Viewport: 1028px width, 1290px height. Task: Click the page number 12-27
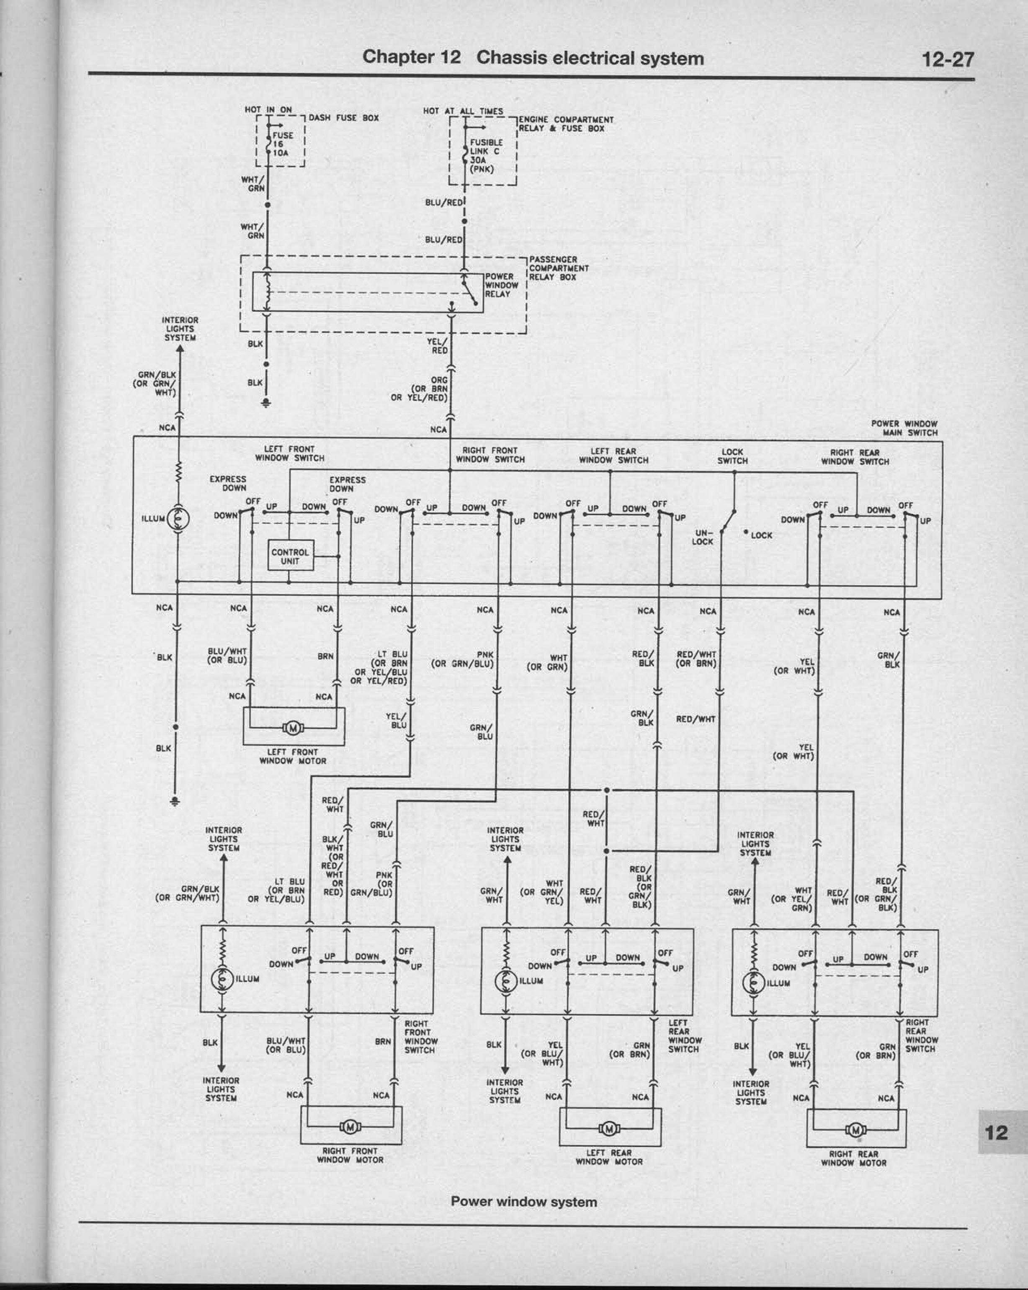coord(948,59)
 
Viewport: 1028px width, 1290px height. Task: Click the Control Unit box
coord(290,556)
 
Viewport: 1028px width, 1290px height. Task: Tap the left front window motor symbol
coord(293,728)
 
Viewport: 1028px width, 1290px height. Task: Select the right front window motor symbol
coord(350,1128)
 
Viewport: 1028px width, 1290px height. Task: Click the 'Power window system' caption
coord(524,1202)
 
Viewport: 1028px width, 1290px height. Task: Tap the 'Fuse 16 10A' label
coord(282,144)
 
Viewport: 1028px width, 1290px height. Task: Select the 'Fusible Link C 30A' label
coord(486,156)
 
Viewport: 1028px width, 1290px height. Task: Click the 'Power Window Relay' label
coord(501,286)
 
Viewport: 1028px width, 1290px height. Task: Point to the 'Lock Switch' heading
coord(732,456)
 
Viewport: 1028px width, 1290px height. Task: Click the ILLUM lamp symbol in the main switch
coord(178,519)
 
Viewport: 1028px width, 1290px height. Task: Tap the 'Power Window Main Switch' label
coord(904,428)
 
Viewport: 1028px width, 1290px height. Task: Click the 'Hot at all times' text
coord(463,111)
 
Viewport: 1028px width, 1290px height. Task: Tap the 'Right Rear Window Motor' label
coord(854,1159)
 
